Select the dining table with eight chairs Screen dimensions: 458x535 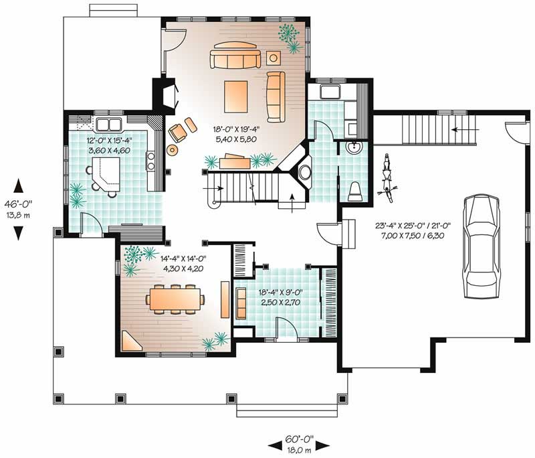[x=173, y=299]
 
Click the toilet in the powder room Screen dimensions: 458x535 [x=355, y=190]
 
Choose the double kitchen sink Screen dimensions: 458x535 [x=108, y=124]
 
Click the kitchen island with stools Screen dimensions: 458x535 [x=102, y=177]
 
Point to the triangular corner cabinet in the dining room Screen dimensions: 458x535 [x=131, y=343]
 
